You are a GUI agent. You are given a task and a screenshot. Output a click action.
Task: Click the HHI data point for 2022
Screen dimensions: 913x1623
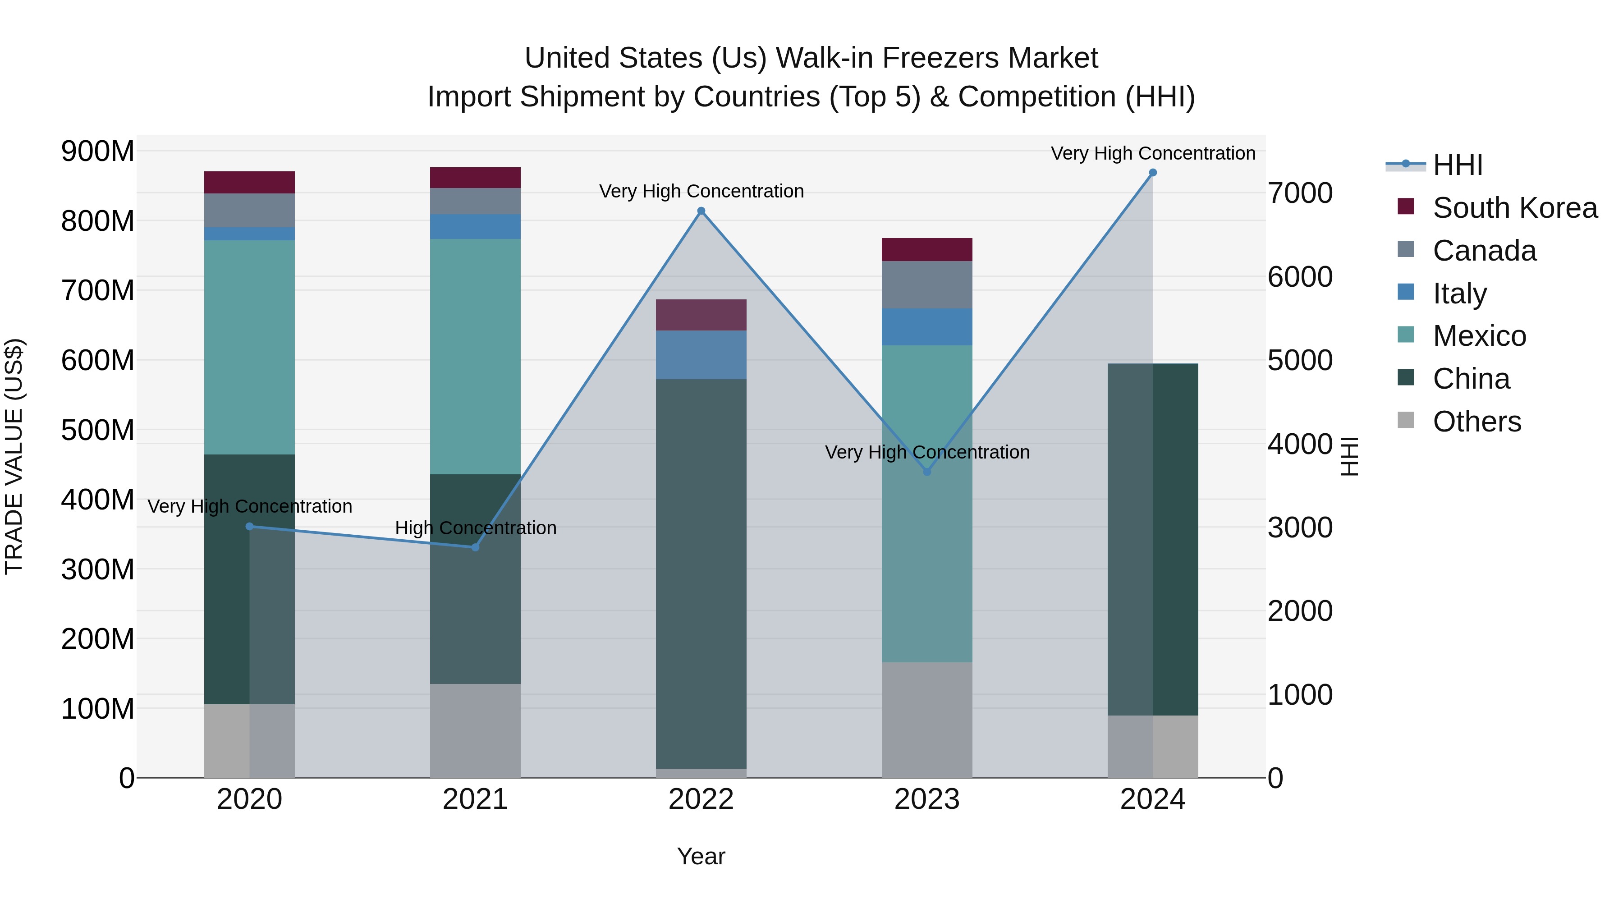(701, 211)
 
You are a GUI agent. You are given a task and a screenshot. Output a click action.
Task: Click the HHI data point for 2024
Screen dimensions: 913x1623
(1152, 172)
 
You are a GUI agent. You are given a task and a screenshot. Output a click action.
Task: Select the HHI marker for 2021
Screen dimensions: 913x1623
(475, 547)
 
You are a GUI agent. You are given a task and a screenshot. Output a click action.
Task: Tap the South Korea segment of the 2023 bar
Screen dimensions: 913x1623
(927, 249)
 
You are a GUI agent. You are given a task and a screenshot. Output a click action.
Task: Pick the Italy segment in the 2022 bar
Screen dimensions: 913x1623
(701, 355)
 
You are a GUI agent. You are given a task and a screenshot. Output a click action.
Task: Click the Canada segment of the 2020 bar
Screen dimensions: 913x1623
(249, 211)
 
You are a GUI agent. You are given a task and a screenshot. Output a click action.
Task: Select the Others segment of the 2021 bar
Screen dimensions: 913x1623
(475, 730)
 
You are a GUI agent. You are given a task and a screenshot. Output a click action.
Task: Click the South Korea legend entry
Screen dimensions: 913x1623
(1515, 208)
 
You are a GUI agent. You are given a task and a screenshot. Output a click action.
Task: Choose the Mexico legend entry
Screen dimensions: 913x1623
(1479, 336)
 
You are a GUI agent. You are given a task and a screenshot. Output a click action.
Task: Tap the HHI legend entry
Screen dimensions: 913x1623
(1457, 165)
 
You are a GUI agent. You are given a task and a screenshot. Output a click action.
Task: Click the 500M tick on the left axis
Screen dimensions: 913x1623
(98, 431)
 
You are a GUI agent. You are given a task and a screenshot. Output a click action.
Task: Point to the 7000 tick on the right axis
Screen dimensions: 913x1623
(1300, 193)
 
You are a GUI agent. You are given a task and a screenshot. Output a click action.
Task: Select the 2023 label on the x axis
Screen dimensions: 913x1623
(927, 799)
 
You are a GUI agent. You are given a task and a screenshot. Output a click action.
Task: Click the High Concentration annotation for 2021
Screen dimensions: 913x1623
(476, 528)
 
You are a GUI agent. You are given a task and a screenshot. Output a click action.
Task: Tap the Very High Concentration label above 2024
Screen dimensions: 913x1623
(1152, 153)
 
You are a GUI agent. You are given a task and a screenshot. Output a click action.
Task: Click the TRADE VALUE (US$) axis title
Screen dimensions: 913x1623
(14, 456)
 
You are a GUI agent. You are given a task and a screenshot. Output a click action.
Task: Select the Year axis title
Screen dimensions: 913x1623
(701, 856)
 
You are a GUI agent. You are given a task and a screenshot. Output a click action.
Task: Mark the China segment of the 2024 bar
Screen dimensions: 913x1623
(1152, 539)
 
